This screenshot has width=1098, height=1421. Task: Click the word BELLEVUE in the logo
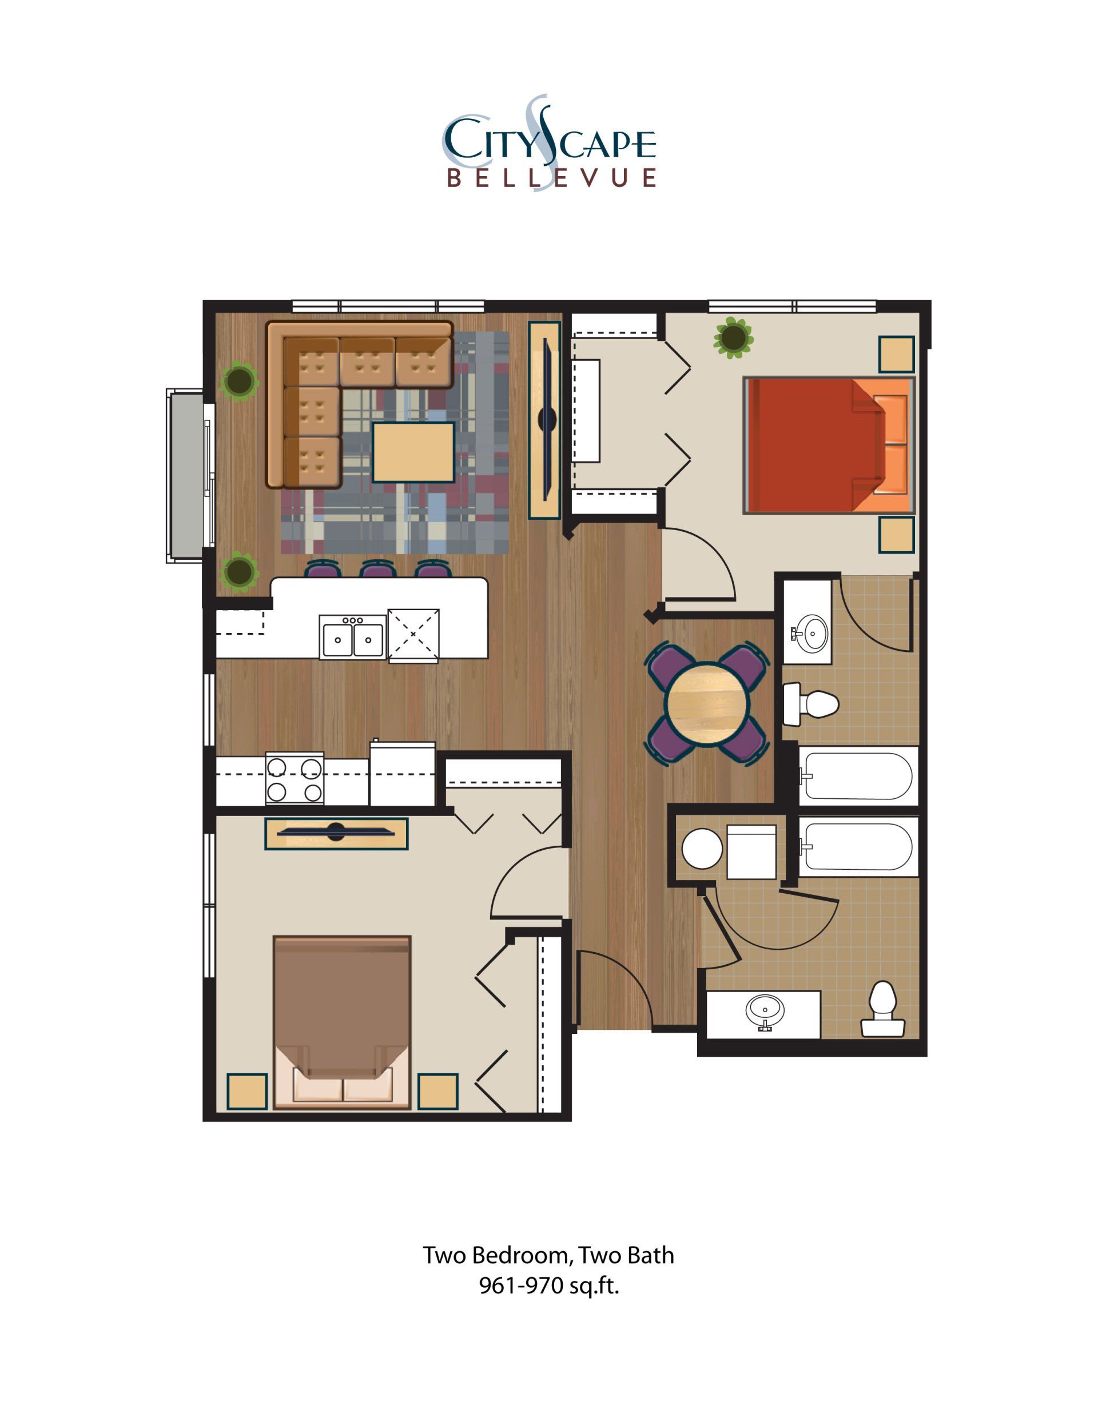[x=551, y=178]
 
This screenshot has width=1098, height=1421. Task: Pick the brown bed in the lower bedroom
[x=342, y=1021]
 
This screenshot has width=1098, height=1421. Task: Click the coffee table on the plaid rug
[x=413, y=452]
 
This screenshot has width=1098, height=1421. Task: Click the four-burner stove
[x=294, y=779]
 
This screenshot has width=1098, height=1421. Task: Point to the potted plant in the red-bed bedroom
[x=734, y=337]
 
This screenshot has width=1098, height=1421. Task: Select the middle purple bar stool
[x=377, y=571]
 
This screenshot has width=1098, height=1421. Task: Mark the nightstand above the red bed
[x=896, y=354]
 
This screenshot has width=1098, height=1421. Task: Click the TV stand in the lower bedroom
[x=336, y=834]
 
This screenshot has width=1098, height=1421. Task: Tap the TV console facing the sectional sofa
[x=544, y=420]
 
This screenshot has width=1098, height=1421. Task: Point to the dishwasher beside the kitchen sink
[x=413, y=635]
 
